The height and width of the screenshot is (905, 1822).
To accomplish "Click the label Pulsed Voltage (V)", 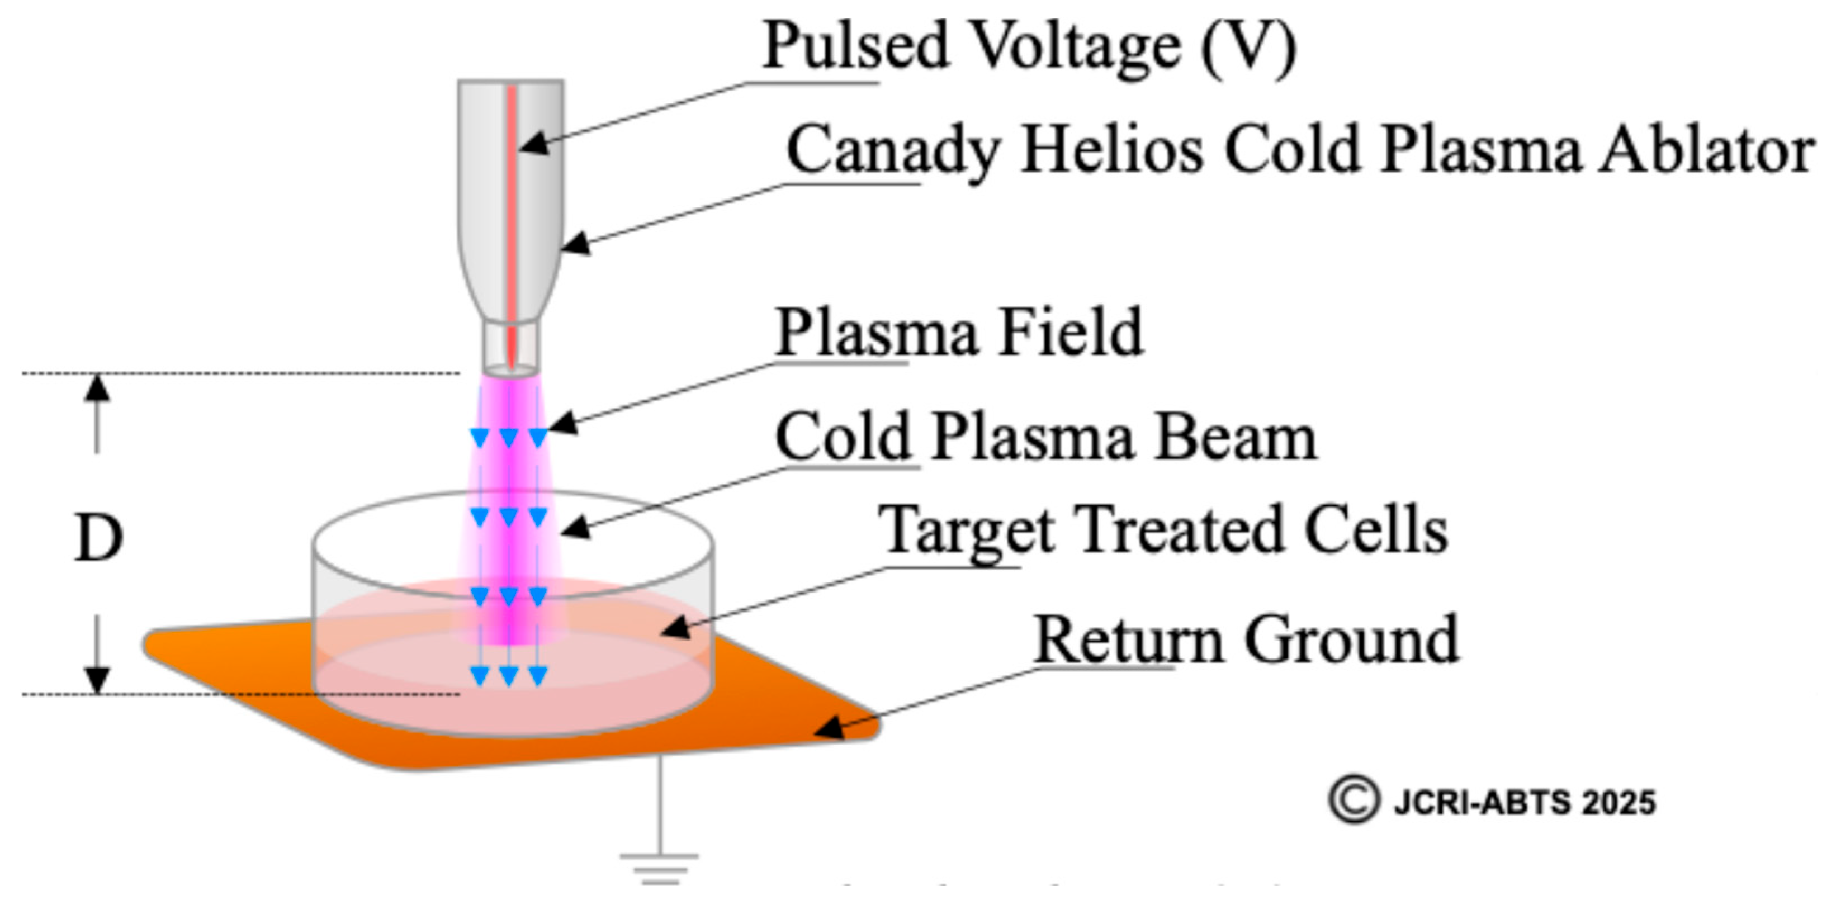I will pos(1029,45).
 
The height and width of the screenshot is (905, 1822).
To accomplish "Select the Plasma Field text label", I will pos(959,332).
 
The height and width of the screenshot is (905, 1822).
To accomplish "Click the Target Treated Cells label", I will pos(1163,530).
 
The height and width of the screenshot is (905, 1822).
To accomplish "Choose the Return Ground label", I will pos(1246,640).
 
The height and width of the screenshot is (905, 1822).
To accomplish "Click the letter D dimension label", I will pos(99,539).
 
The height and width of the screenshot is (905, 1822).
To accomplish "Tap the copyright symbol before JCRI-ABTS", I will pos(1354,800).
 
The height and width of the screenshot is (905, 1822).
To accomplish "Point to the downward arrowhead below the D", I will pos(98,680).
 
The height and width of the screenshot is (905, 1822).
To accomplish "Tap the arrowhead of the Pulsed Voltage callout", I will pos(534,144).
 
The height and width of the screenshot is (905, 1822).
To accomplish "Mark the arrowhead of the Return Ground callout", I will pos(831,728).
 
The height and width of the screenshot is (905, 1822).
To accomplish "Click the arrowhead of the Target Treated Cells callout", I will pos(675,628).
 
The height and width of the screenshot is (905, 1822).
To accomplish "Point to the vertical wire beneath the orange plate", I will pos(659,806).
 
